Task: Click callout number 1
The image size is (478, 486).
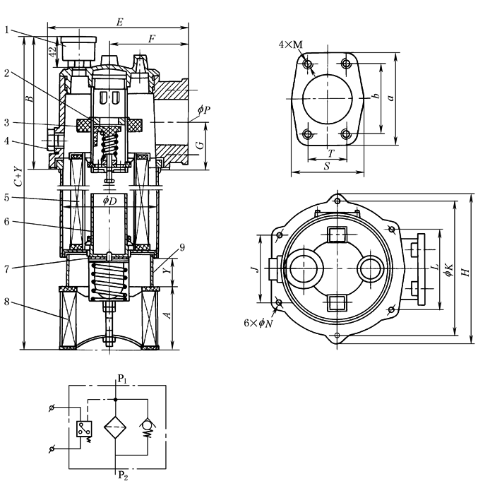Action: pos(6,30)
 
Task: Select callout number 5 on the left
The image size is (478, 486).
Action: pos(6,199)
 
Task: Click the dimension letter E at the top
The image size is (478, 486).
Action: pos(119,23)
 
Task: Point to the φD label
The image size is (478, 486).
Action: pos(109,201)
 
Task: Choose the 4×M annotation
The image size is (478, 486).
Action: pos(290,45)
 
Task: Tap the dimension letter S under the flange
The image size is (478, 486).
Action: pos(327,167)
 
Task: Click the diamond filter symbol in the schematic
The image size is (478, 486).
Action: pos(116,427)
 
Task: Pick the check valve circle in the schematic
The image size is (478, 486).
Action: pos(148,425)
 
